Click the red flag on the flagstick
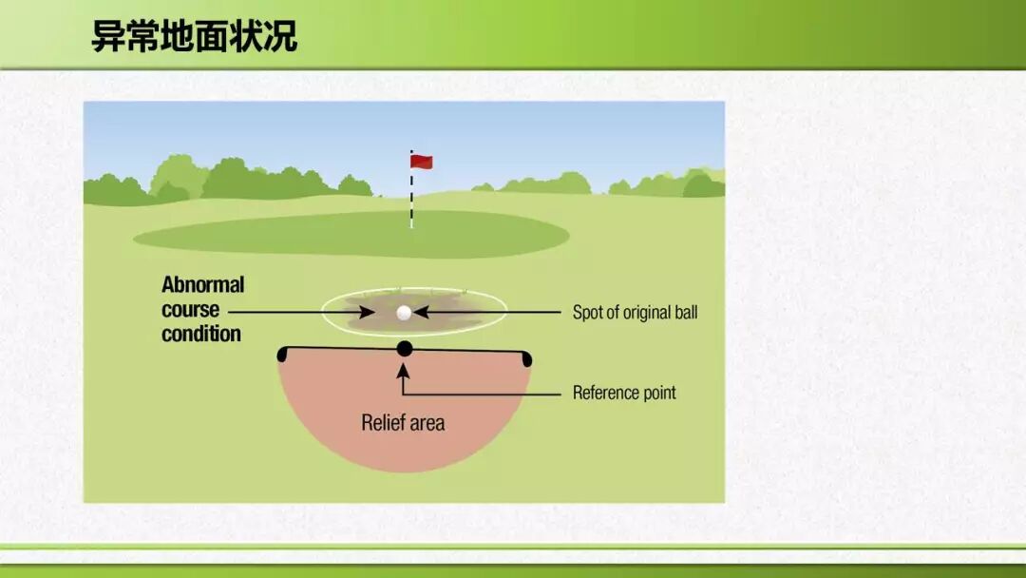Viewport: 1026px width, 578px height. (422, 161)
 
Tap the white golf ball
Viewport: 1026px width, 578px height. (405, 313)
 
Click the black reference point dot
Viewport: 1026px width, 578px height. (405, 349)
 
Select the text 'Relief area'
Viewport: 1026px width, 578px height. (403, 423)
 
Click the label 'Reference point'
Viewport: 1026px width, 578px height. (624, 393)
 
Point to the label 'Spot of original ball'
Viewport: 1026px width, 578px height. (635, 312)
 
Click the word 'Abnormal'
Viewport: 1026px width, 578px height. (203, 285)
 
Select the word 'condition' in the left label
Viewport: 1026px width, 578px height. (200, 334)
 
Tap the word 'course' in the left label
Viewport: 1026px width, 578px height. (190, 310)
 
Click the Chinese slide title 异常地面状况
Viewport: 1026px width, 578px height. (195, 36)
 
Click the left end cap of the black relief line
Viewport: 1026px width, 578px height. (282, 355)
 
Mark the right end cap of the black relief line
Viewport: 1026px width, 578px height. (527, 358)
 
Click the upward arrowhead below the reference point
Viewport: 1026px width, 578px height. (403, 371)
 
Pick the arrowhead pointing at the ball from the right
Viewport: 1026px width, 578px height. (422, 312)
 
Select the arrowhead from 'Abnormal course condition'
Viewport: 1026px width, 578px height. (367, 312)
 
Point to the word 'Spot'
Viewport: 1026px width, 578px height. (587, 313)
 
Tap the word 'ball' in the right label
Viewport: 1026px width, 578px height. (687, 312)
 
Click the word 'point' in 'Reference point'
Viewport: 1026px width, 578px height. (659, 394)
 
